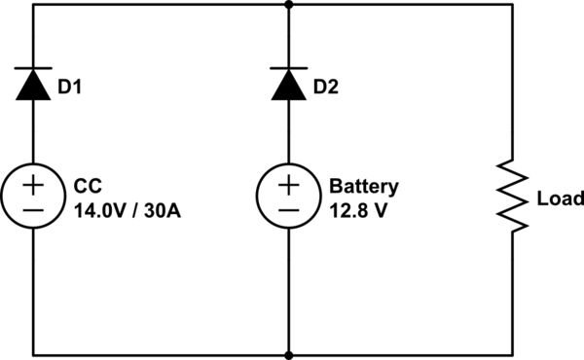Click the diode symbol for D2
coord(289,86)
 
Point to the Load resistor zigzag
coord(513,198)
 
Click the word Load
coord(560,198)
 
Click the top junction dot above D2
coord(289,4)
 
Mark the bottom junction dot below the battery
coord(289,355)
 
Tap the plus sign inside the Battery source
coord(289,184)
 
